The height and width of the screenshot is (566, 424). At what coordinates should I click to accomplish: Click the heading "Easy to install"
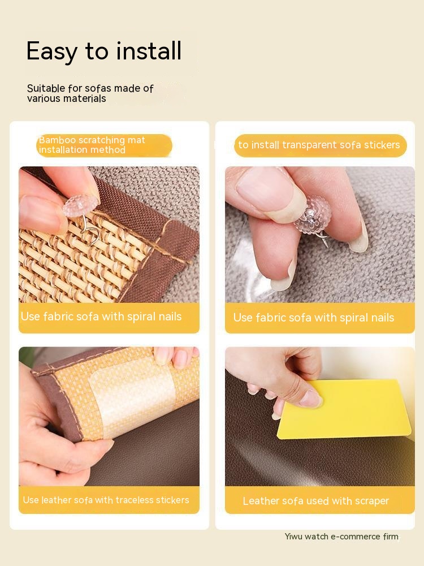click(x=104, y=51)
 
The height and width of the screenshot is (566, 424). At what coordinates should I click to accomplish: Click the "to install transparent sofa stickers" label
click(x=319, y=145)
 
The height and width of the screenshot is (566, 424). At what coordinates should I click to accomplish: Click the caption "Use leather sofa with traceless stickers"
click(x=106, y=500)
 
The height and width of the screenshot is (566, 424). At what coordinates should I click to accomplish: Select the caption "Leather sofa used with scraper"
click(x=316, y=501)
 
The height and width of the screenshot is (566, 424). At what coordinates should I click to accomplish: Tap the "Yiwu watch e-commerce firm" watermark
click(x=341, y=537)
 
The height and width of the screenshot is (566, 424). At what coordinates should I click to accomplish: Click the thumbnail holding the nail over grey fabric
click(x=319, y=235)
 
